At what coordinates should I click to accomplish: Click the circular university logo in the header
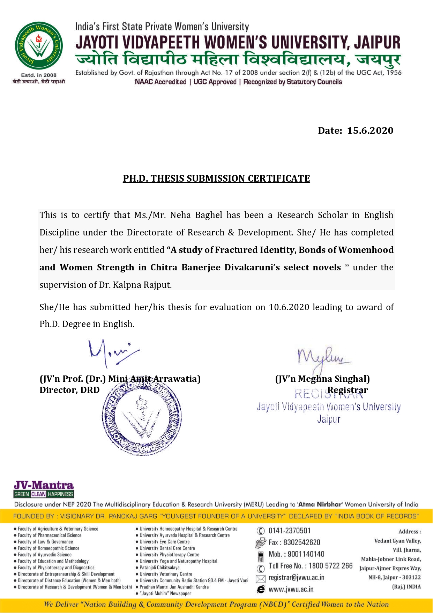coord(39,46)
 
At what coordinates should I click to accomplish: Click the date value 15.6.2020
coord(370,131)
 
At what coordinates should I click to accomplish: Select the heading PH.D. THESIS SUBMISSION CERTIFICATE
coord(216,178)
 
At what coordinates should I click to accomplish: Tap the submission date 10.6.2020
coord(289,307)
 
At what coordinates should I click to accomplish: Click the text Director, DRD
coord(69,390)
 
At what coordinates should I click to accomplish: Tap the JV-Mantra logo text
coord(44,485)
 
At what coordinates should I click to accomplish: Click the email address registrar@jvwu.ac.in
coord(296,578)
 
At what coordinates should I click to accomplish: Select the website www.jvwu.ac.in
coord(291,589)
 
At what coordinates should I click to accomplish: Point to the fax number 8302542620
coord(301,542)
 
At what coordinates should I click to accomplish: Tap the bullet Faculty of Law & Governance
coord(45,542)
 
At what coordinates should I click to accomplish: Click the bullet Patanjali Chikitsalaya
coord(159,568)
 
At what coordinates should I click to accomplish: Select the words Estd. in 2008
coord(39,75)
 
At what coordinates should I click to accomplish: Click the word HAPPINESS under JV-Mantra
coord(60,494)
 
